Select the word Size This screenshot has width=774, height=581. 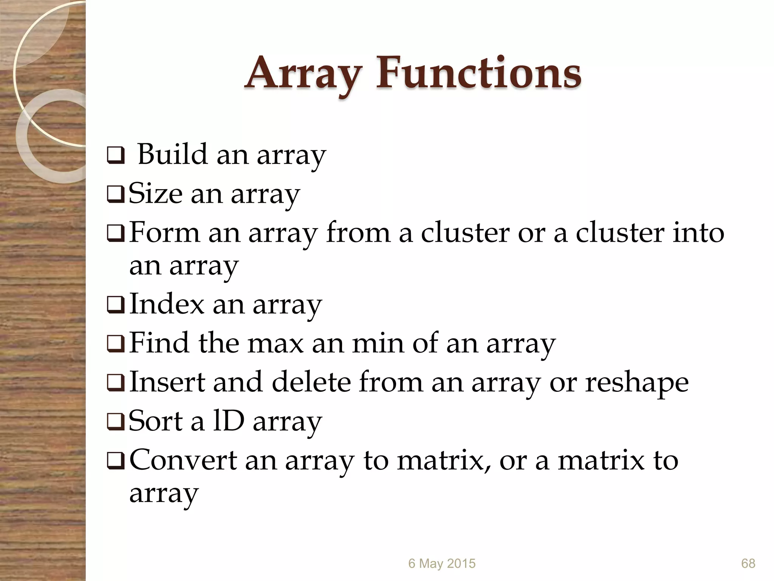[155, 194]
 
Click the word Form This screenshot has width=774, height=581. [164, 232]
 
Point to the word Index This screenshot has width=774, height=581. [167, 304]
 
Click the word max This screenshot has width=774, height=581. [276, 343]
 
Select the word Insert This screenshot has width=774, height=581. [167, 382]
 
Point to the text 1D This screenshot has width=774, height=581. [229, 421]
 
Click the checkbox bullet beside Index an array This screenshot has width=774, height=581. [116, 306]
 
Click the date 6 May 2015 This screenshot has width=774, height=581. [441, 563]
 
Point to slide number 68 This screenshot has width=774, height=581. [748, 563]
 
